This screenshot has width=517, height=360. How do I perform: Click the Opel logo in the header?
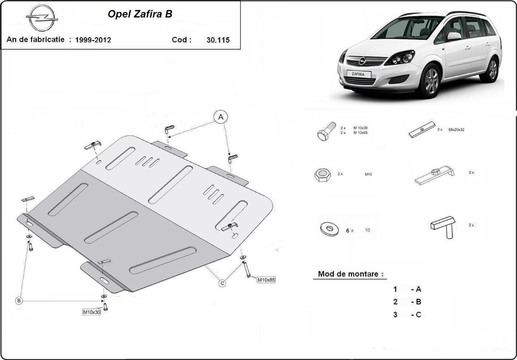point(42,18)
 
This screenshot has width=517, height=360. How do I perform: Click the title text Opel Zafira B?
point(140,14)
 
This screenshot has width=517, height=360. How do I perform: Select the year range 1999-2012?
point(93,40)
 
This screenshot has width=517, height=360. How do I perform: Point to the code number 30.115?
point(218,40)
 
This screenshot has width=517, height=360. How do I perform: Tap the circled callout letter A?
point(221,116)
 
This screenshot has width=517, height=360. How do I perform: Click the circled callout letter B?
point(19,301)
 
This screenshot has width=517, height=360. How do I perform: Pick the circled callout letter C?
point(222,283)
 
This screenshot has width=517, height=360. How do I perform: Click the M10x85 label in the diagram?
point(266,280)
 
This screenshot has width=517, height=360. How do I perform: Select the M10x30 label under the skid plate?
point(91,312)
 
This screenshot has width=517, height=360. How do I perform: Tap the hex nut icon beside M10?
point(322,175)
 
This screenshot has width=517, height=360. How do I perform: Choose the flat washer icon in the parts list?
point(329,229)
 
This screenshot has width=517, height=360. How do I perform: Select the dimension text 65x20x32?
point(456,129)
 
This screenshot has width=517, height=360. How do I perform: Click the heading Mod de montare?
point(348,274)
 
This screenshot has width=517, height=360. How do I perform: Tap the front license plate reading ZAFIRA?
point(357,74)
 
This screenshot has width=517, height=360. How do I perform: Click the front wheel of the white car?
point(430,81)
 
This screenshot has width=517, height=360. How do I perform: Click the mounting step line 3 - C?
point(407,315)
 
